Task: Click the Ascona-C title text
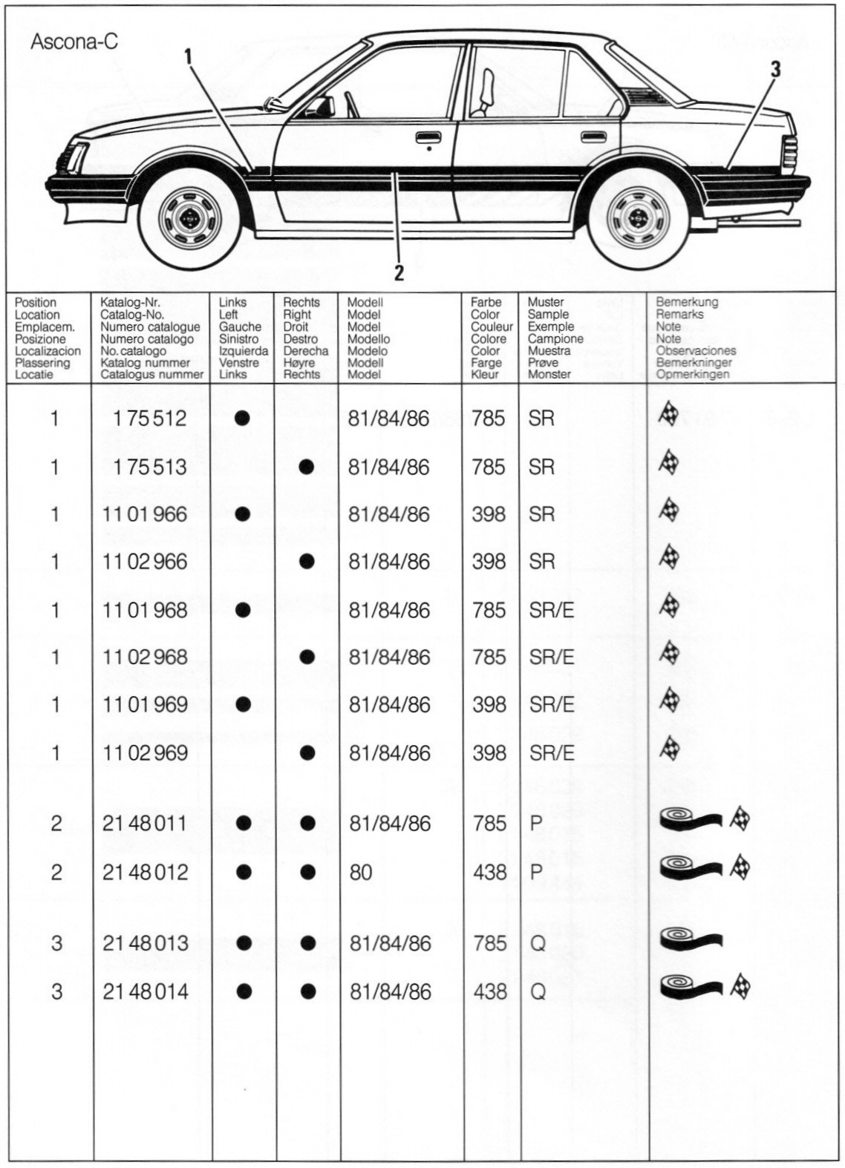74,42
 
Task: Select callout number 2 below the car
399,272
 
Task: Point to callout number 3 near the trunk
775,70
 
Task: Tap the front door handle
426,137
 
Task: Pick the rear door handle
592,137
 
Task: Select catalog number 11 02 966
145,562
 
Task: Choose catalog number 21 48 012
145,872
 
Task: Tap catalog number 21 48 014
146,991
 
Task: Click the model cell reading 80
361,872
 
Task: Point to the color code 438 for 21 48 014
490,991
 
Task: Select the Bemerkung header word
687,303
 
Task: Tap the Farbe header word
486,303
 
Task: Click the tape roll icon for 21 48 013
690,939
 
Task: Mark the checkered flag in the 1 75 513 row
668,464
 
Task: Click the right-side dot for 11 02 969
307,753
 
